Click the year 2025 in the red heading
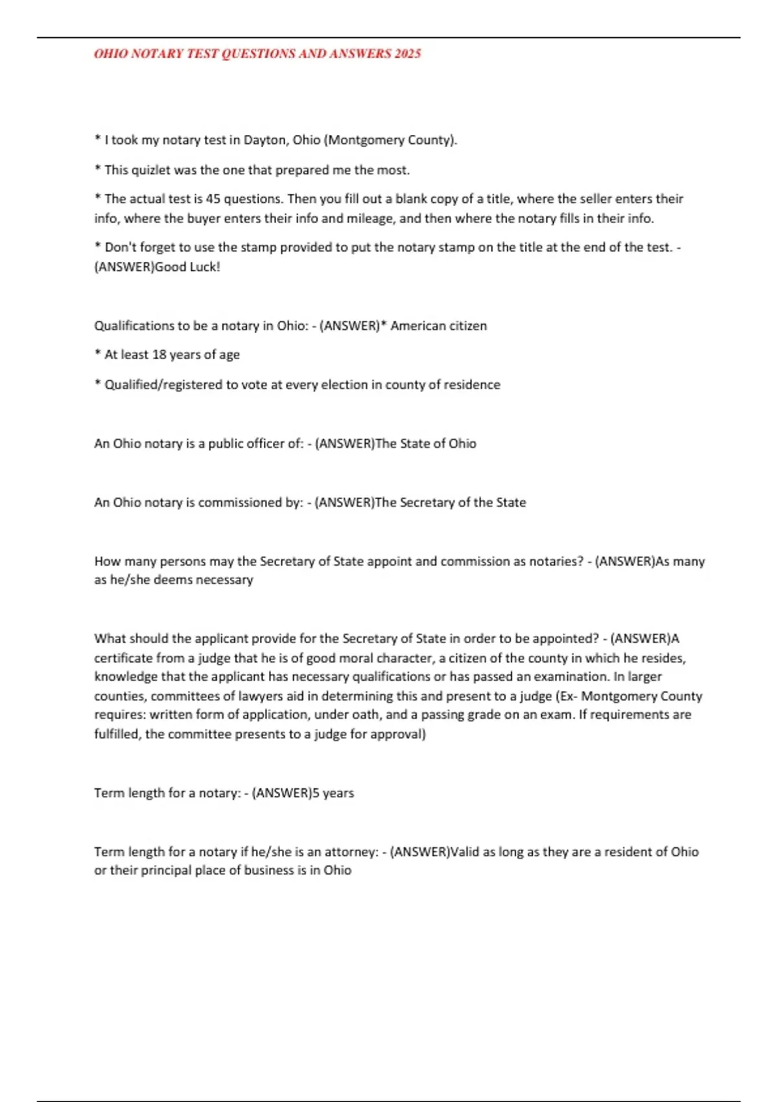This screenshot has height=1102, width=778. point(407,54)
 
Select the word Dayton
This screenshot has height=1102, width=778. point(265,140)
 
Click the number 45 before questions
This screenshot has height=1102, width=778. point(213,199)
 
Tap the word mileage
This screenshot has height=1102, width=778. point(368,218)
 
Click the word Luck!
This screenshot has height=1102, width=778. point(205,267)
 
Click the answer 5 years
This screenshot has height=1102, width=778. point(333,793)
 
